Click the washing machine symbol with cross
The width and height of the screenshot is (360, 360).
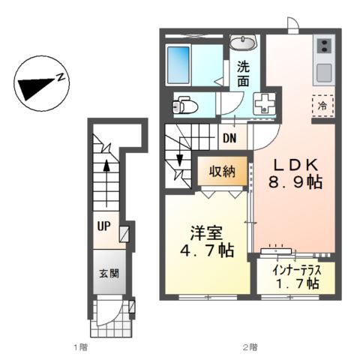[265, 104]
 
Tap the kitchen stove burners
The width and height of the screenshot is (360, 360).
[324, 49]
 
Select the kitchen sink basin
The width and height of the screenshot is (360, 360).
[324, 73]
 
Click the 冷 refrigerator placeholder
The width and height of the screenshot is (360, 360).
[321, 106]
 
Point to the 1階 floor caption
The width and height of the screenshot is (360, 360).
[79, 346]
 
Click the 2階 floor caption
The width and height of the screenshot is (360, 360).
[250, 346]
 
